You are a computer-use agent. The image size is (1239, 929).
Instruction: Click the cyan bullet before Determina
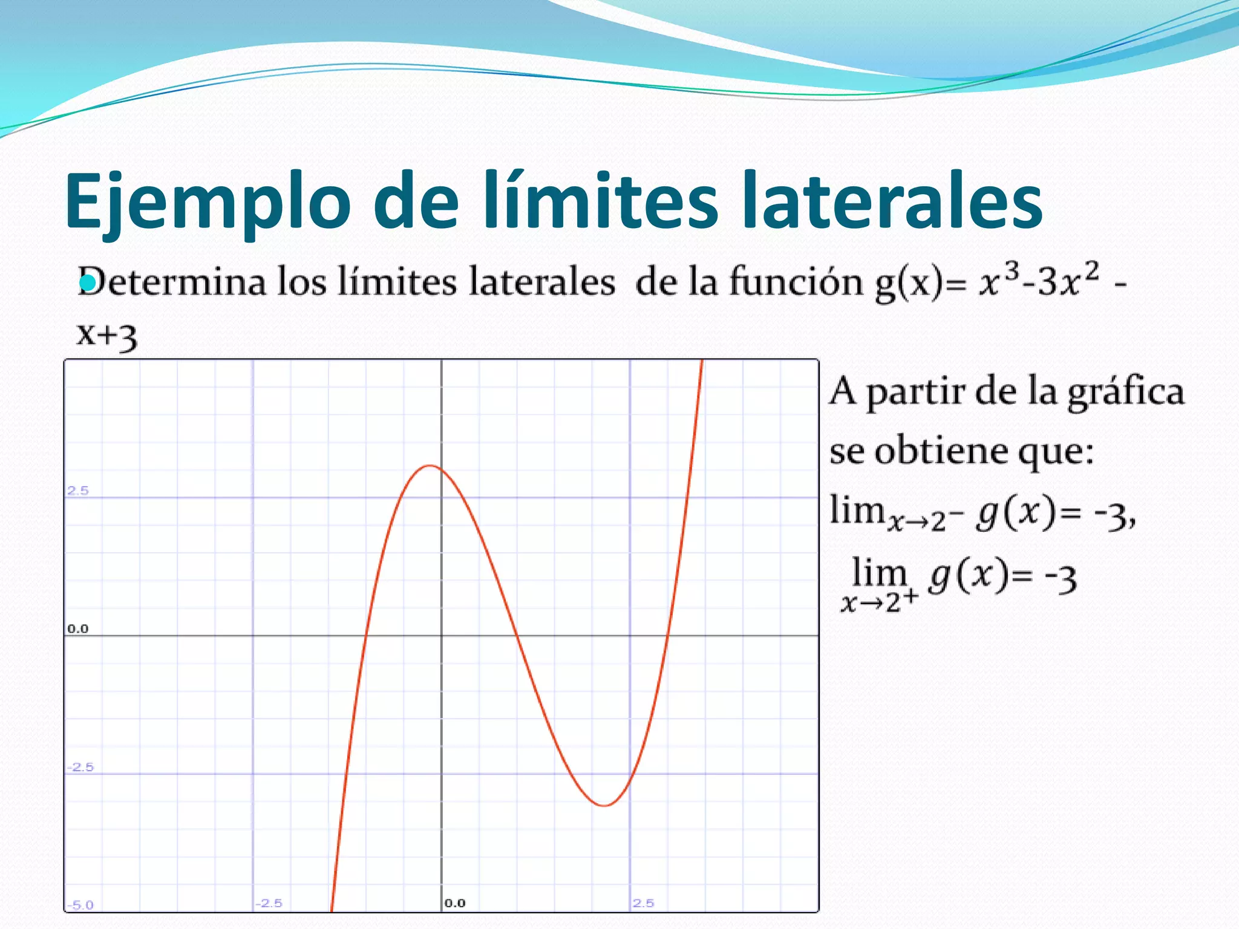pyautogui.click(x=88, y=282)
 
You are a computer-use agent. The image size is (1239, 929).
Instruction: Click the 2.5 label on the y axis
pyautogui.click(x=78, y=491)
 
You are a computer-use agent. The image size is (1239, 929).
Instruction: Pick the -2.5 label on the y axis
pyautogui.click(x=80, y=767)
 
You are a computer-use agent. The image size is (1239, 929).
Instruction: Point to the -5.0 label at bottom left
pyautogui.click(x=80, y=905)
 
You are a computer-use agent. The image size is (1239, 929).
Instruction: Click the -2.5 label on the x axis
pyautogui.click(x=269, y=903)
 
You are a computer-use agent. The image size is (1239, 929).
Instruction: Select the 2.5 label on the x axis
pyautogui.click(x=644, y=903)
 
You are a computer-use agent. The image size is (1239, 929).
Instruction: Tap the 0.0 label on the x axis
pyautogui.click(x=455, y=903)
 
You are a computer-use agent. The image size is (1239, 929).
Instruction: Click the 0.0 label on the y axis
pyautogui.click(x=78, y=629)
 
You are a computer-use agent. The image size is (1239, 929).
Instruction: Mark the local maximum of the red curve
pyautogui.click(x=430, y=466)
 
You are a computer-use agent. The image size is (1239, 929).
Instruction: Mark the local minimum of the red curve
pyautogui.click(x=604, y=806)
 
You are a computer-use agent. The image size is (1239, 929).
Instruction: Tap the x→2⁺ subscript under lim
pyautogui.click(x=880, y=602)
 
